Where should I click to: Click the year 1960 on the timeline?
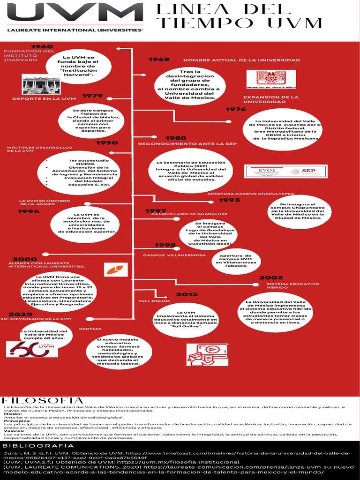(42, 46)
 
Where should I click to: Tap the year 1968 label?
(159, 60)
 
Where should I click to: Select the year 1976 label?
(236, 109)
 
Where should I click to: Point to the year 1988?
(176, 138)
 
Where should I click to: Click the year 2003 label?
(271, 277)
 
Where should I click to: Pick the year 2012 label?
(187, 294)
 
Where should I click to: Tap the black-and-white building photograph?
(41, 84)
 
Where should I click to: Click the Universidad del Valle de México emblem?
(271, 79)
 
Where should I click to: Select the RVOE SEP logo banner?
(285, 171)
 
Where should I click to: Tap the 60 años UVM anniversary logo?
(32, 349)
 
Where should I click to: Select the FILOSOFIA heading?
(43, 400)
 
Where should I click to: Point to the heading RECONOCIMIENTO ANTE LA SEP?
(187, 144)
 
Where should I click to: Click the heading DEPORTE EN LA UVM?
(44, 99)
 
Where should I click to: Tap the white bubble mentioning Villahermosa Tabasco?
(236, 261)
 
